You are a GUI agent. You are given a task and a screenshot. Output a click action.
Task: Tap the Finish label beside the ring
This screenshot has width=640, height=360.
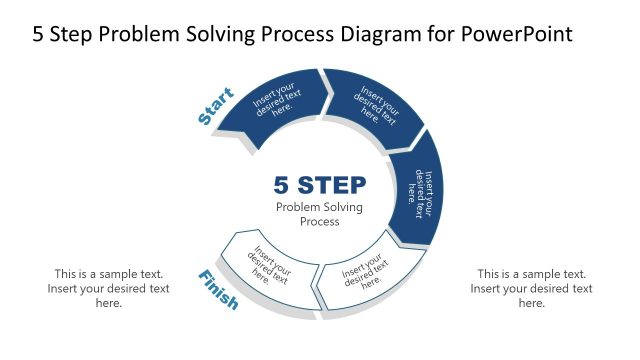click(218, 290)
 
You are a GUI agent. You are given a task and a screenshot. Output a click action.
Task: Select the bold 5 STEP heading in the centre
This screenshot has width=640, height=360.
click(319, 186)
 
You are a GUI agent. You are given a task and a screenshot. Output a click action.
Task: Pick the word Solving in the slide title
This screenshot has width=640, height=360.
click(236, 34)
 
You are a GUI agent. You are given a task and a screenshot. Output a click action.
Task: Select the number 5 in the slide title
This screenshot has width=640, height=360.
click(39, 34)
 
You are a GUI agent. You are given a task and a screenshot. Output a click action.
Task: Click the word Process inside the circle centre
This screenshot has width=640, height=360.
click(319, 222)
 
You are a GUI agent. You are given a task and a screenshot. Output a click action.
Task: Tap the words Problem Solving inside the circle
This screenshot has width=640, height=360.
click(319, 207)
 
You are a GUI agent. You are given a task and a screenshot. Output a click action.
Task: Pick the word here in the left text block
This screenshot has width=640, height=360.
click(109, 303)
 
